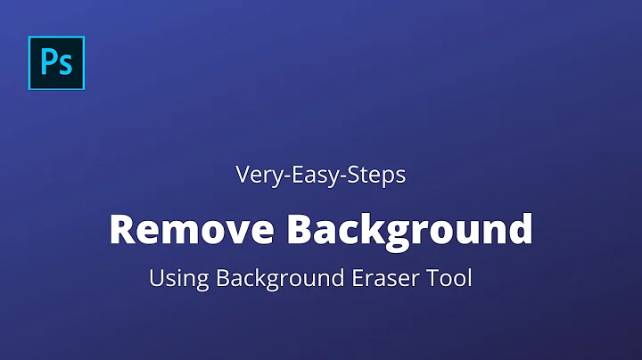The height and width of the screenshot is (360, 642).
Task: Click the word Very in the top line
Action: click(x=256, y=176)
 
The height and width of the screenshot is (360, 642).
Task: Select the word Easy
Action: click(x=308, y=176)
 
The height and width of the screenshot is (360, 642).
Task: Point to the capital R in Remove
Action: click(x=122, y=229)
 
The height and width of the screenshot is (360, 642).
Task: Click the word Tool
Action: click(x=449, y=279)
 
